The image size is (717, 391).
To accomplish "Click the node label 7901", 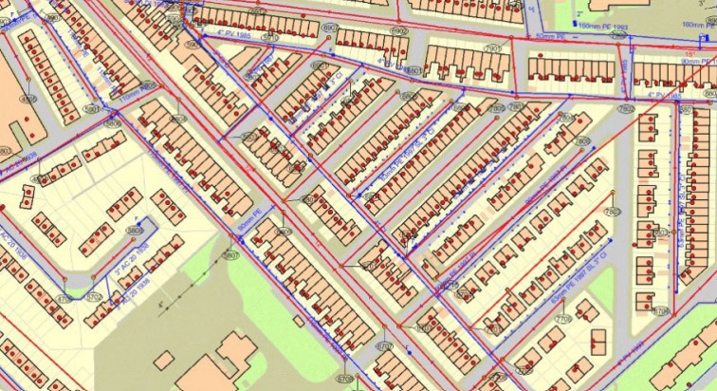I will coord(493,47).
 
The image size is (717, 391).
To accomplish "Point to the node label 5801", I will coord(90,110).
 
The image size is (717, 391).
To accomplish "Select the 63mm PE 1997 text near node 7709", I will coord(574,275).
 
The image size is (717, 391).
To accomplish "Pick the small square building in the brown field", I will coord(164,360).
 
